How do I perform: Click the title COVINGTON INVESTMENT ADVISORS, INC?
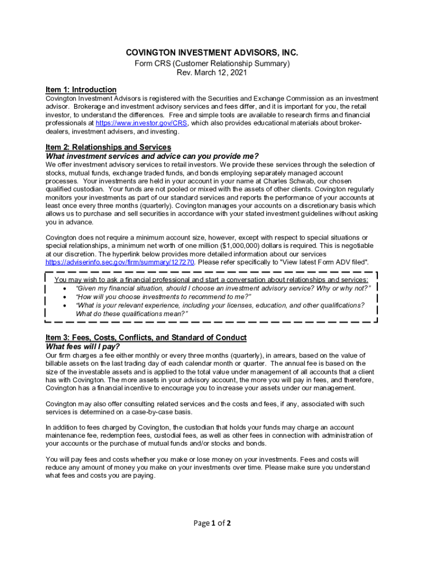212,53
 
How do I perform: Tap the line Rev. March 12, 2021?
212,73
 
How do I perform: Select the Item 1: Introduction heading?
81,90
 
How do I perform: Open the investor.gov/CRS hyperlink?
141,124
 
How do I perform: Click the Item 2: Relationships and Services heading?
108,147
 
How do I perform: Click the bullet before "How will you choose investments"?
66,297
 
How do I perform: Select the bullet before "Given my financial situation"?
66,289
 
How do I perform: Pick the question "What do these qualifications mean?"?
132,313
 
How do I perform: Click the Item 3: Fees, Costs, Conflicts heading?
146,338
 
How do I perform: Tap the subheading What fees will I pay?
82,347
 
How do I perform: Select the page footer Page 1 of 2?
212,523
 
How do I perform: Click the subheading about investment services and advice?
152,156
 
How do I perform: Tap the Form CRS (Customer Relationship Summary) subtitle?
212,63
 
